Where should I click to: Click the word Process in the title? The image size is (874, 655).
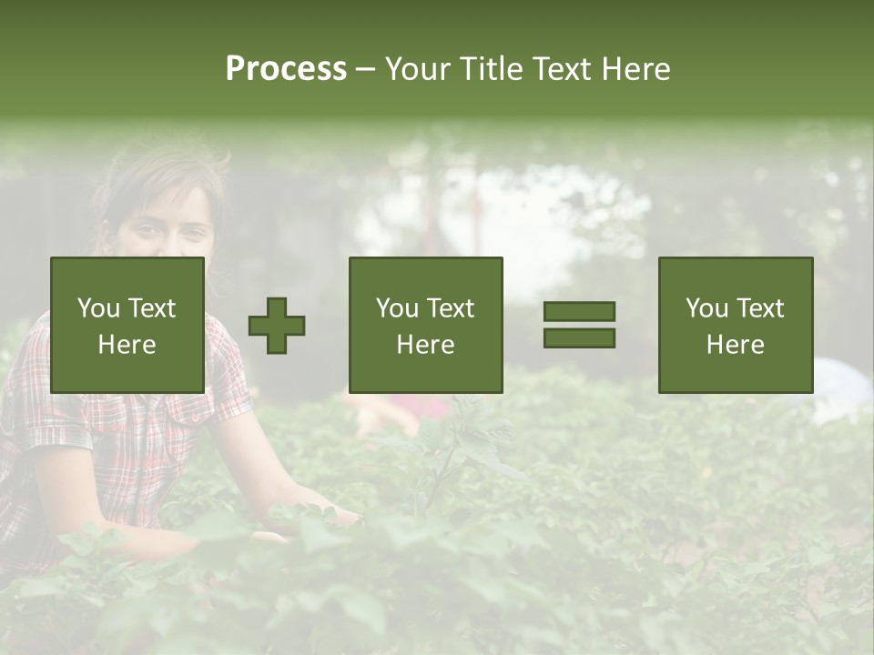tap(286, 69)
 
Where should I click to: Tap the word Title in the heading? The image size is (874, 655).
tap(489, 69)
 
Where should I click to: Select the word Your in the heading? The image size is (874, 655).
tap(418, 69)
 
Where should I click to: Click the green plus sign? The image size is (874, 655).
tap(277, 325)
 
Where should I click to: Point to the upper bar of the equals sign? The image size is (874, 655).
tap(579, 311)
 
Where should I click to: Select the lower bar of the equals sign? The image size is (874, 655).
tap(579, 338)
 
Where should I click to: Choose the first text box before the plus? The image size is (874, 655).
tap(127, 325)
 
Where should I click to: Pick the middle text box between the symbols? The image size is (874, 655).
tap(425, 325)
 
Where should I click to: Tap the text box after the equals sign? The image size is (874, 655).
tap(735, 325)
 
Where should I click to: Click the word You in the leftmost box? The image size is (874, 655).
tap(98, 308)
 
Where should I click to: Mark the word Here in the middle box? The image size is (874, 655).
tap(425, 345)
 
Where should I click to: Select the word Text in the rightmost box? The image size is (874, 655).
tap(761, 308)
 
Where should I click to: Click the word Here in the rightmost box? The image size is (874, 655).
tap(735, 345)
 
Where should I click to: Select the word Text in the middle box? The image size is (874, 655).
tap(452, 308)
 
